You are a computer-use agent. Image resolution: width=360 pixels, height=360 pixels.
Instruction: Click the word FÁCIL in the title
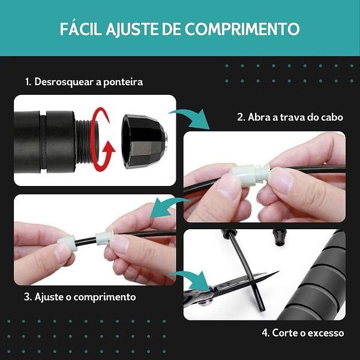click(80, 28)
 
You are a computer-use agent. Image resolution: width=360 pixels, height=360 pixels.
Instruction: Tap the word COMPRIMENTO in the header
click(242, 29)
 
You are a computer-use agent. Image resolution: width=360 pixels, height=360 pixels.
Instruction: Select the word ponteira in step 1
click(123, 83)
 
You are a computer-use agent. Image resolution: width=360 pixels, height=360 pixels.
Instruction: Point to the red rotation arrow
click(101, 139)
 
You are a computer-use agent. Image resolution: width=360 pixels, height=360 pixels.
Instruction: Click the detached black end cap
click(144, 141)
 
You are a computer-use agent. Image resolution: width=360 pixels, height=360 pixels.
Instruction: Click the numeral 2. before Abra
click(241, 117)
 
